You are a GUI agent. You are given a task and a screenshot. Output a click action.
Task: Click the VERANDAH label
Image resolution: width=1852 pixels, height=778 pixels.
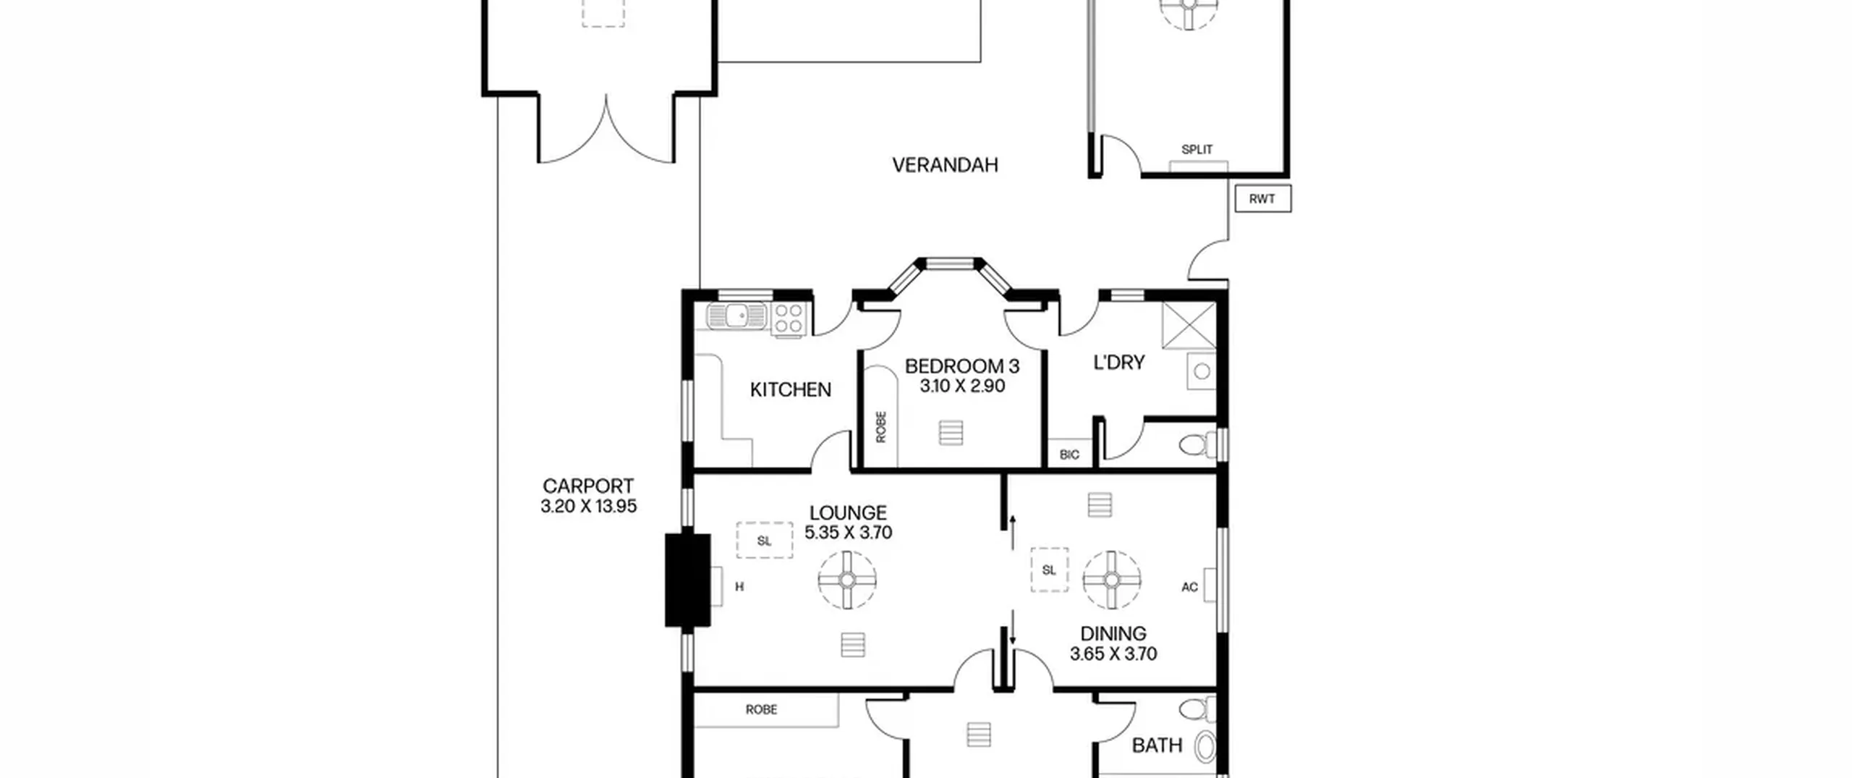tap(945, 165)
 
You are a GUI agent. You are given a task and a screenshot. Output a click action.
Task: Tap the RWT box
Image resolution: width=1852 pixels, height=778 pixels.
tap(1262, 199)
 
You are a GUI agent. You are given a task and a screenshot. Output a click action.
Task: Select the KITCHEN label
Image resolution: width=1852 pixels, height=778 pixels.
tap(790, 390)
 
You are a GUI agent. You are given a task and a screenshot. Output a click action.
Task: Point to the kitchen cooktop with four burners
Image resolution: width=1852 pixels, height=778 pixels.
tap(789, 320)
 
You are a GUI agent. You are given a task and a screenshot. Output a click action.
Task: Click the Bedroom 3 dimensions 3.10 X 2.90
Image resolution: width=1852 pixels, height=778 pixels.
tap(962, 386)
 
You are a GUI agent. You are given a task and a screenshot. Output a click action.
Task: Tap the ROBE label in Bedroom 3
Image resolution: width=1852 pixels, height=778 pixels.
tap(880, 427)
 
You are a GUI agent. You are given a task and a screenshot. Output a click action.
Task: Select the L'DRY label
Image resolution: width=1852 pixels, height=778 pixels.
tap(1118, 363)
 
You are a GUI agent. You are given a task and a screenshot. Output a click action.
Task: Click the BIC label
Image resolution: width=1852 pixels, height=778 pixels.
tap(1069, 454)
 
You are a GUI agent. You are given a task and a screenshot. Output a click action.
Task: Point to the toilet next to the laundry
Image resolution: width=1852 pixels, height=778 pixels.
tap(1198, 444)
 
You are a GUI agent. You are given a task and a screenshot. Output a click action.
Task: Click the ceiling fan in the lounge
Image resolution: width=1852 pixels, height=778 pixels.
tap(847, 580)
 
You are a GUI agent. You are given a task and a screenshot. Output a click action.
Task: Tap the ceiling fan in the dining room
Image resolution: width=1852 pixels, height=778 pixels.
tap(1112, 580)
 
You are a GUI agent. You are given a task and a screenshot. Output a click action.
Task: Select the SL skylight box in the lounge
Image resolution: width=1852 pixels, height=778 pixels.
tap(764, 541)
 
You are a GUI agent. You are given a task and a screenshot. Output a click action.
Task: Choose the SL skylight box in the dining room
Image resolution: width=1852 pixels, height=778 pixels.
tap(1049, 570)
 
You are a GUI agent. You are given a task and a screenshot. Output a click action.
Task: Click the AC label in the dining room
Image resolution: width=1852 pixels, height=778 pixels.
tap(1189, 587)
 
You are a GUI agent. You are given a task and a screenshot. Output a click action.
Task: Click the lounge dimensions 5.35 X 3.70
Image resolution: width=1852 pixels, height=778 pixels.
tap(848, 533)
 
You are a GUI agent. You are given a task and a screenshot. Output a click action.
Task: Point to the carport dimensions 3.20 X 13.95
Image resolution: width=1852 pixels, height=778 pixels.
tap(588, 507)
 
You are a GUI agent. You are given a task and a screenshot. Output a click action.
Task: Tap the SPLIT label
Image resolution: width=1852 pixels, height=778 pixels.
tap(1197, 150)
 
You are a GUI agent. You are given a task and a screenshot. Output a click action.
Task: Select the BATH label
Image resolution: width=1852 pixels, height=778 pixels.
tap(1157, 745)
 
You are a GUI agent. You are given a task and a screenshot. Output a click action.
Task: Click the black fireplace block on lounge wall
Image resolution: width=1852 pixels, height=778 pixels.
tap(687, 580)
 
